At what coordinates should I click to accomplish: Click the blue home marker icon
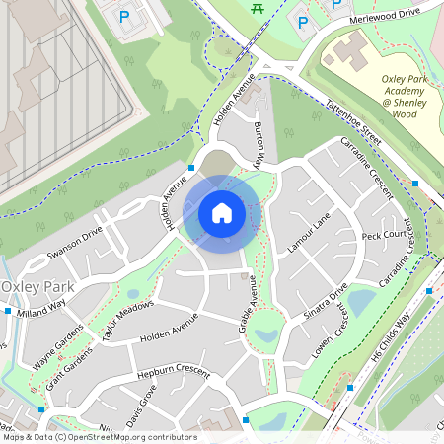tap(222, 212)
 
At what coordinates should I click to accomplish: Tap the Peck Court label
tap(384, 236)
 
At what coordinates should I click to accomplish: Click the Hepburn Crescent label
tap(174, 375)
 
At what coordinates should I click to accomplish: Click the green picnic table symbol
tap(259, 8)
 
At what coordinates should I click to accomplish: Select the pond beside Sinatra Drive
tap(362, 300)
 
